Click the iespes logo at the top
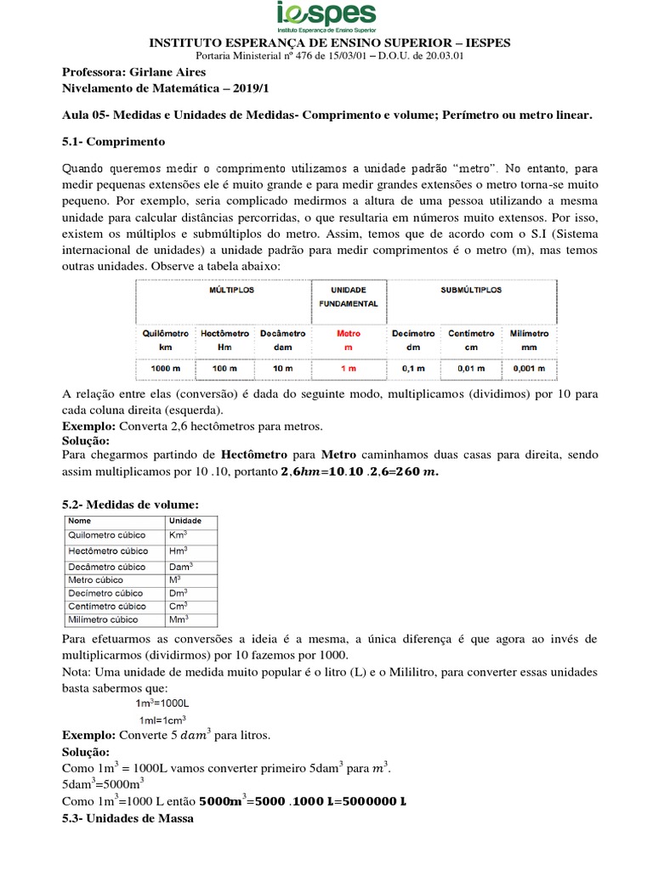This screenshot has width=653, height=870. point(326,17)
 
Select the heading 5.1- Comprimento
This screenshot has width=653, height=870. point(114,140)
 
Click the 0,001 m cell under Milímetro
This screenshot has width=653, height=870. point(529,369)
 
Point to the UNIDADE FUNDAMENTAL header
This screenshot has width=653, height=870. point(349,296)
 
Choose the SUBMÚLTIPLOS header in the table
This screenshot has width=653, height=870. point(471,290)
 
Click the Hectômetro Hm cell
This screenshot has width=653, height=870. point(225,340)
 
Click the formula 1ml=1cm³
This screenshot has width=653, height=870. point(162,720)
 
